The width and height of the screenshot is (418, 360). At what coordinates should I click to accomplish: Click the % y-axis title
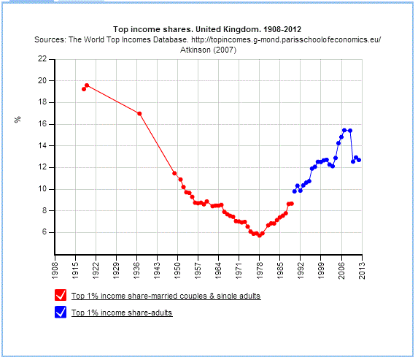click(x=18, y=119)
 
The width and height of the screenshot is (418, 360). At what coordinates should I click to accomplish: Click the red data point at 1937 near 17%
click(x=139, y=113)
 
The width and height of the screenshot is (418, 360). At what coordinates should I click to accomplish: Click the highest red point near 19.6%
click(x=87, y=85)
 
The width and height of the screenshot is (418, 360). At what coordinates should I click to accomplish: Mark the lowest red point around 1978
click(x=259, y=235)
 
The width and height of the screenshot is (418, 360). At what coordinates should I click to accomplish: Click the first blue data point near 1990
click(x=294, y=191)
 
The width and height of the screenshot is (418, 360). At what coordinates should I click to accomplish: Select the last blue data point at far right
click(x=359, y=160)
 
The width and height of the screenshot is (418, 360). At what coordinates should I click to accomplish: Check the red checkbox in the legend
click(x=61, y=296)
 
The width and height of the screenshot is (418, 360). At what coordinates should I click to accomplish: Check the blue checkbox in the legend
click(x=61, y=313)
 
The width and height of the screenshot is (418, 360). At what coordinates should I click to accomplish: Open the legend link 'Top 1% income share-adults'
click(x=121, y=313)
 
